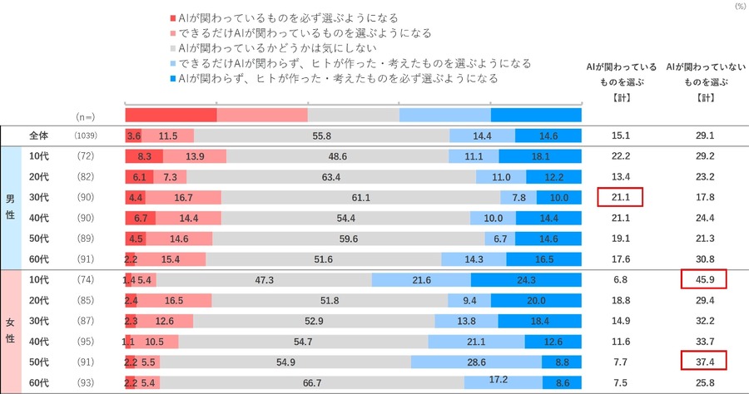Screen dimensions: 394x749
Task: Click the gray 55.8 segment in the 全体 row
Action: click(x=321, y=135)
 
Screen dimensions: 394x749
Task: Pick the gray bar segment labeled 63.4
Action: click(x=330, y=176)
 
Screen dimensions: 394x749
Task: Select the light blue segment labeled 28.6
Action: click(x=475, y=361)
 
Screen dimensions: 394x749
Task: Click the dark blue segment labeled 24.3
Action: click(x=526, y=279)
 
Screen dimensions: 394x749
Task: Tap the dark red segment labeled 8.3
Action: click(x=143, y=156)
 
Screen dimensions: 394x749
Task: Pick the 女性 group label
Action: click(x=12, y=330)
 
